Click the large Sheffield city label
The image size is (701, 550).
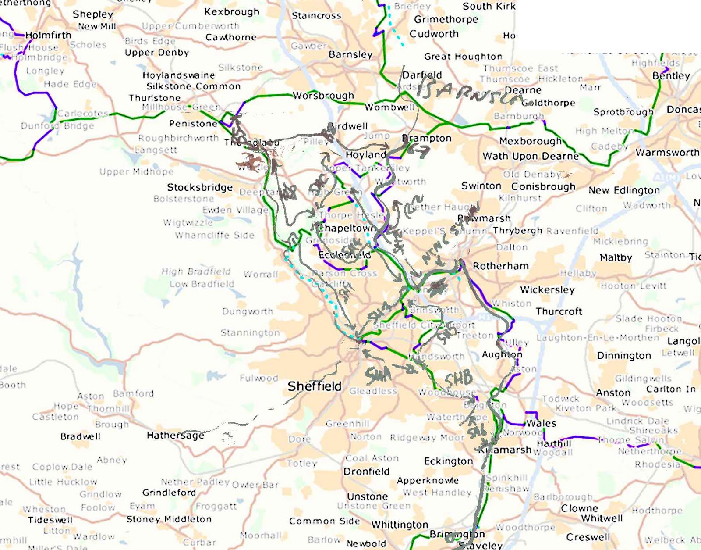pyautogui.click(x=314, y=386)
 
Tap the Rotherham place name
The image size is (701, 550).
pyautogui.click(x=500, y=266)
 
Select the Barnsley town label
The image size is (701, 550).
pyautogui.click(x=350, y=55)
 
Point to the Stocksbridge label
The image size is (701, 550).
pyautogui.click(x=200, y=188)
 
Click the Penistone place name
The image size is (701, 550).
pyautogui.click(x=193, y=124)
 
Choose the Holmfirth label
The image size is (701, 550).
pyautogui.click(x=48, y=35)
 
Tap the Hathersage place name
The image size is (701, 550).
pyautogui.click(x=175, y=436)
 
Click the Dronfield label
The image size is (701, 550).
pyautogui.click(x=366, y=471)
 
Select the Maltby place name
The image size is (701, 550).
pyautogui.click(x=616, y=258)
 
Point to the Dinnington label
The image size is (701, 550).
pyautogui.click(x=623, y=356)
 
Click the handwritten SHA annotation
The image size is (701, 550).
pyautogui.click(x=378, y=375)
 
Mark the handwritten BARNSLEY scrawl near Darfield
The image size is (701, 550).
pyautogui.click(x=469, y=92)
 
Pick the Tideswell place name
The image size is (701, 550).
pyautogui.click(x=50, y=520)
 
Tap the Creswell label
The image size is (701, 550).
pyautogui.click(x=588, y=537)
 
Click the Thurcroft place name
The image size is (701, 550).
pyautogui.click(x=559, y=312)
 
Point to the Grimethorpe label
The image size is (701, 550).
pyautogui.click(x=446, y=20)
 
